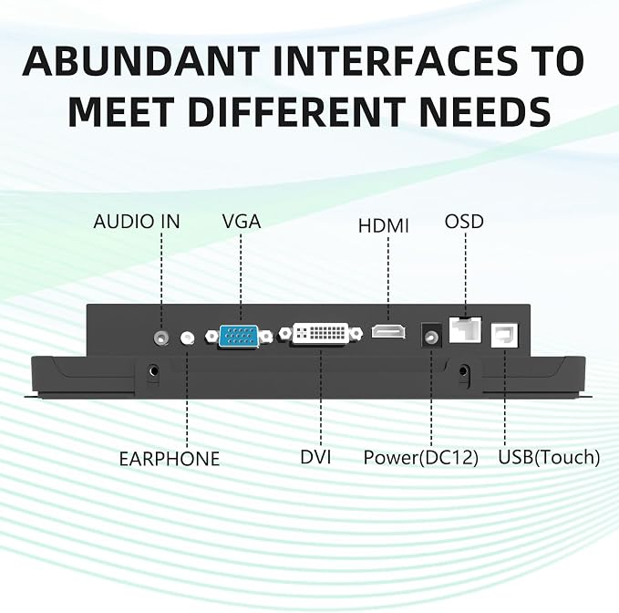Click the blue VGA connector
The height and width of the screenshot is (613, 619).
(x=239, y=336)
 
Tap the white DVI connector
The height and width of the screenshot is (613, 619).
(x=321, y=334)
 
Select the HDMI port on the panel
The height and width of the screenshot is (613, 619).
(x=388, y=331)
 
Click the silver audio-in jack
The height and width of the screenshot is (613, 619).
(x=161, y=337)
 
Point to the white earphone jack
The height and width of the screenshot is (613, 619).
(x=187, y=338)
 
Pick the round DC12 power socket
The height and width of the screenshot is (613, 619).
(x=431, y=336)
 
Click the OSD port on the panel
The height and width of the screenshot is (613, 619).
(x=466, y=330)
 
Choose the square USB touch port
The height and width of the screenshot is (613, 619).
(x=504, y=336)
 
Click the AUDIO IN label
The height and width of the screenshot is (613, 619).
(x=137, y=222)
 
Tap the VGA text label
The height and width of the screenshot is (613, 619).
(x=242, y=221)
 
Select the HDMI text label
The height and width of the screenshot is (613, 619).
(x=383, y=226)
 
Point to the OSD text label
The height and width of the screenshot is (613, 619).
(x=464, y=222)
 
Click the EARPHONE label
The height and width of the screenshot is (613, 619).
(x=170, y=459)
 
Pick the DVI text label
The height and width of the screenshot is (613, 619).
(x=315, y=457)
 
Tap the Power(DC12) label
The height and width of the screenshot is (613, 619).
(x=421, y=457)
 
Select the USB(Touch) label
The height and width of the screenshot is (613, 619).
(x=549, y=457)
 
